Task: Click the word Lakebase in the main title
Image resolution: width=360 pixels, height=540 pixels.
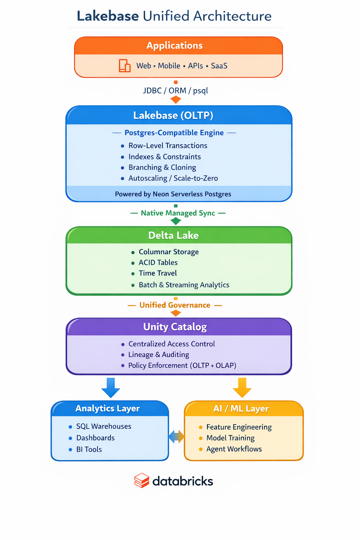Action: point(108,16)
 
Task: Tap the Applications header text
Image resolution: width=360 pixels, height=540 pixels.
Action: point(175,46)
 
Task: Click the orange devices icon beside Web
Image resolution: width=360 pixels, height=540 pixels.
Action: point(125,66)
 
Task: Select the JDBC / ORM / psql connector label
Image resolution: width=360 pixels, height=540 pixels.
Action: point(175,91)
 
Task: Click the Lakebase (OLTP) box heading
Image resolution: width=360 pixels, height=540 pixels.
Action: point(173,115)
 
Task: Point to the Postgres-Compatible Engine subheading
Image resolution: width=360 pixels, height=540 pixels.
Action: point(174,133)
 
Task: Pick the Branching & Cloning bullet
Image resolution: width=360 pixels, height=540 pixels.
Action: point(162,167)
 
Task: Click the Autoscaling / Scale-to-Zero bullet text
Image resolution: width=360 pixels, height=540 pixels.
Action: point(173,178)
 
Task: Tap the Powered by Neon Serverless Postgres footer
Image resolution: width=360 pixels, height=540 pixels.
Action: point(173,194)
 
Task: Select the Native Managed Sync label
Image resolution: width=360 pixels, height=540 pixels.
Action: point(178,213)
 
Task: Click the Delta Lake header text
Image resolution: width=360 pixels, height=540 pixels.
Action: point(173,235)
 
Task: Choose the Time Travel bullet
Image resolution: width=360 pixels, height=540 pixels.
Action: point(158,273)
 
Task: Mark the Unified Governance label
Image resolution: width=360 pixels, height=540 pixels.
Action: point(175,305)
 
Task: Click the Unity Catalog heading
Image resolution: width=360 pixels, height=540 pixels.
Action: point(175,327)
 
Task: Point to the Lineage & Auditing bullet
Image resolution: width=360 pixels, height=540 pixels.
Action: point(159,355)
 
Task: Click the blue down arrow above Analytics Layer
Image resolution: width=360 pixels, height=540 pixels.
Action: point(111,387)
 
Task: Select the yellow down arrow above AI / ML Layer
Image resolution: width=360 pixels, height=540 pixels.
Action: point(242,387)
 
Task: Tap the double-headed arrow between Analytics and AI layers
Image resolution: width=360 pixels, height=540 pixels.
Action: point(176,437)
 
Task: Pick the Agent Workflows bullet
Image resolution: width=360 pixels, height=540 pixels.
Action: point(234,449)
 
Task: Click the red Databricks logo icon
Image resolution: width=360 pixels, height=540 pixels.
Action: point(142,481)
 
